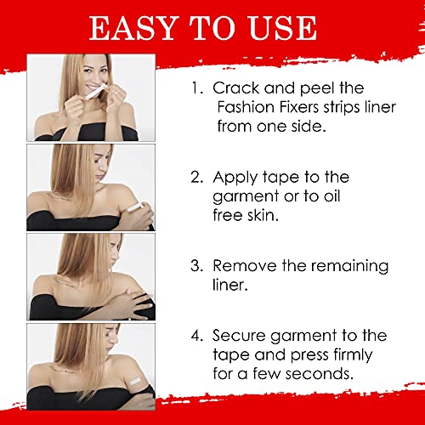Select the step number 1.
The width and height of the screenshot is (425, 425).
[197, 88]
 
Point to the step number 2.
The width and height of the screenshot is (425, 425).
[197, 177]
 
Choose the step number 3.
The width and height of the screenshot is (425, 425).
[197, 266]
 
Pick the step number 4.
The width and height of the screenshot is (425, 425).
[197, 336]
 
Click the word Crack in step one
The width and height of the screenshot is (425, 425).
[236, 88]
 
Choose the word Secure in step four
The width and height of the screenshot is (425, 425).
[239, 336]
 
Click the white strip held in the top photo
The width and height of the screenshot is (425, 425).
[95, 92]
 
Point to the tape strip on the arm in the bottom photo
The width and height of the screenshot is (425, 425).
[135, 381]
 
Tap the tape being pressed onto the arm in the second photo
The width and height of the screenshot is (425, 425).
[134, 208]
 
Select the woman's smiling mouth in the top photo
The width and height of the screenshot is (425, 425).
[93, 86]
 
